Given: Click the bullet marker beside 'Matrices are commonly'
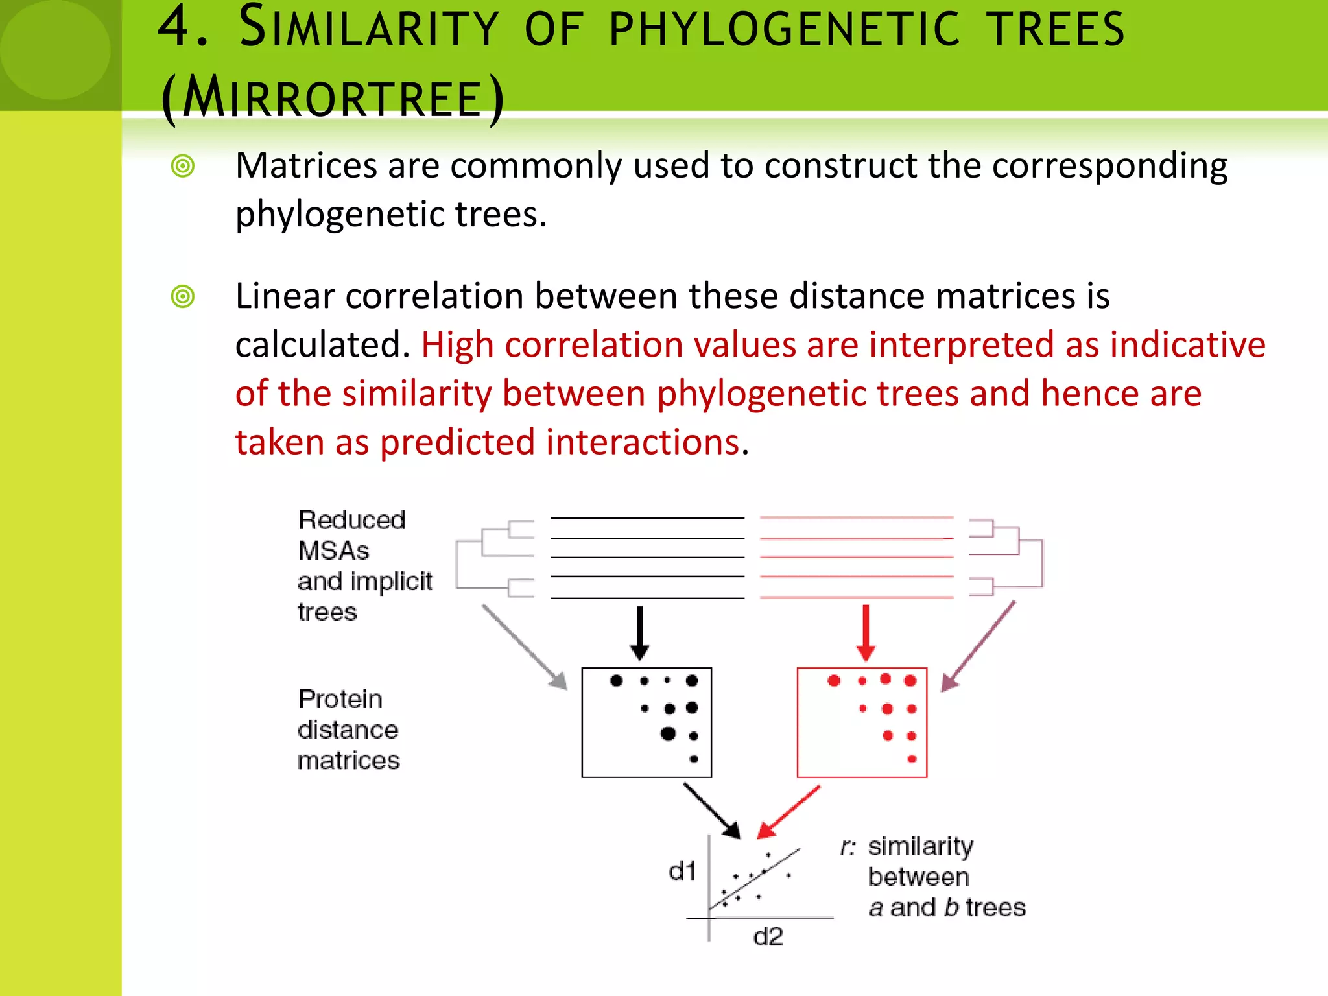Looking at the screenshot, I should [x=183, y=166].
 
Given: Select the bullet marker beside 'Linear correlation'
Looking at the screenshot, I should [x=183, y=297].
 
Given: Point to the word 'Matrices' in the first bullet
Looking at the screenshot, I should [x=306, y=166].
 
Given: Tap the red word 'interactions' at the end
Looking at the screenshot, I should [x=643, y=442].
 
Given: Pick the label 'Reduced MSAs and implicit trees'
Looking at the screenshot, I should [x=364, y=565].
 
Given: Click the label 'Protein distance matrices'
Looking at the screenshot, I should [x=348, y=729].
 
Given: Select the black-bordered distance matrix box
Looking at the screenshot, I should [x=646, y=722].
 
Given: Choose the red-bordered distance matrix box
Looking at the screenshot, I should [x=862, y=722].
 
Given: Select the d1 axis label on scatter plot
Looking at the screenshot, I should [x=682, y=871].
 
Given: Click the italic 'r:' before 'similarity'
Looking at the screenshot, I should [x=848, y=847].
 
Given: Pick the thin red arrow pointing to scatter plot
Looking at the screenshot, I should [x=788, y=812].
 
